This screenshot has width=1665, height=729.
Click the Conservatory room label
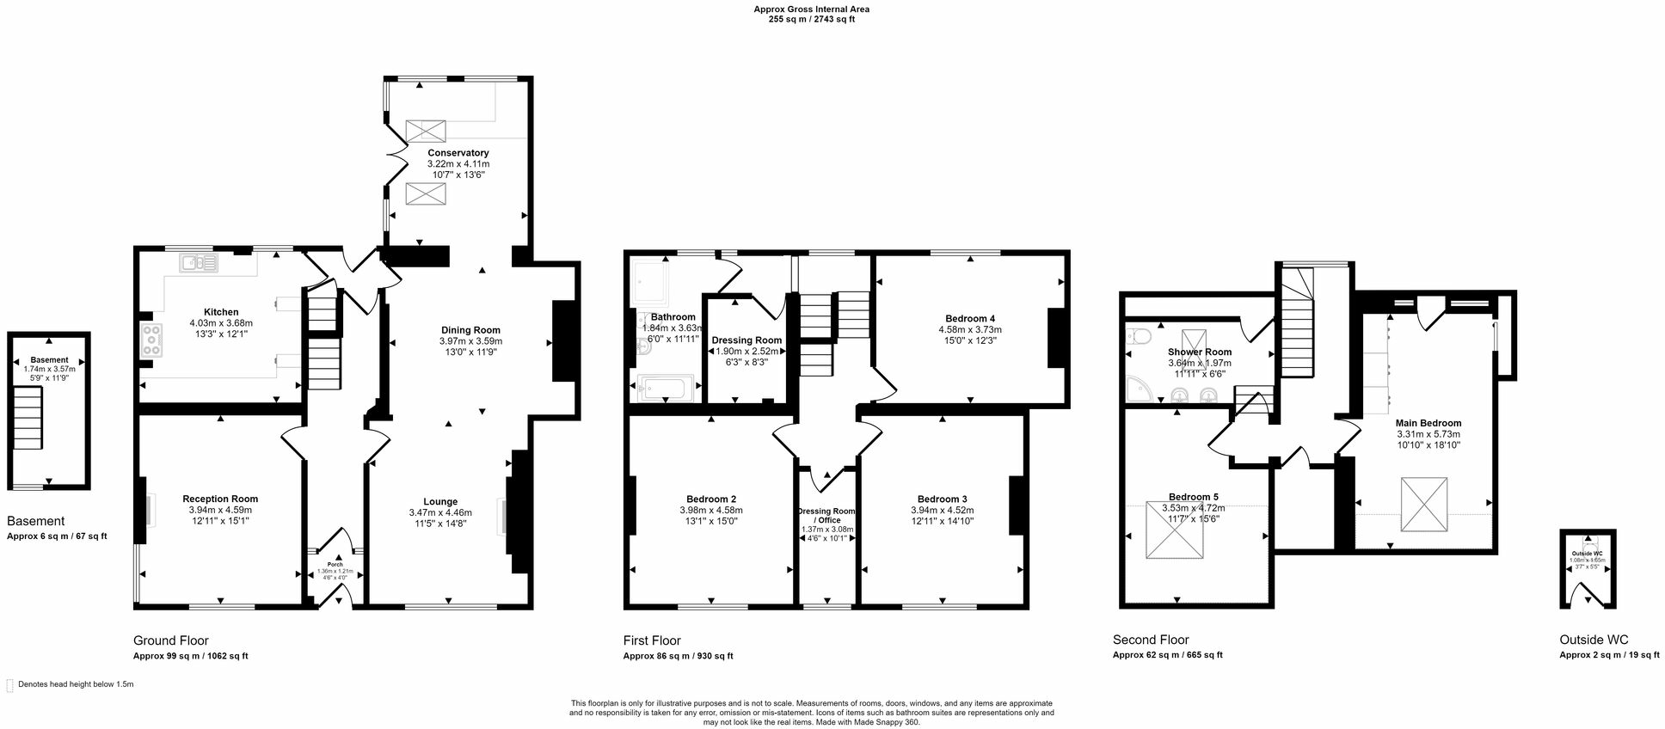pyautogui.click(x=458, y=153)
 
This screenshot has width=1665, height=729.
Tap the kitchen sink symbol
pyautogui.click(x=199, y=262)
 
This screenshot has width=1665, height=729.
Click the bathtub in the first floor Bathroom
pyautogui.click(x=665, y=389)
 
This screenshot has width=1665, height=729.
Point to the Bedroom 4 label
pyautogui.click(x=969, y=318)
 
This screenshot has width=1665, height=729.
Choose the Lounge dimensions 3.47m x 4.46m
pyautogui.click(x=440, y=512)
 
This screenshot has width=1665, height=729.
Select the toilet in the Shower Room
pyautogui.click(x=1138, y=336)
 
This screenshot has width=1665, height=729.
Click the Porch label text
pyautogui.click(x=335, y=565)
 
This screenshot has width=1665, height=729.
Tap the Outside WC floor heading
pyautogui.click(x=1593, y=640)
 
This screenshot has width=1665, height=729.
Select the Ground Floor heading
pyautogui.click(x=170, y=640)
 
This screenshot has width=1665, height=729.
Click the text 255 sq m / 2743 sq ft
pyautogui.click(x=811, y=19)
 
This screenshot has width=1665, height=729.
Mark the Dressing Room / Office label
pyautogui.click(x=826, y=516)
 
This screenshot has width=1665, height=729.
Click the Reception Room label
pyautogui.click(x=220, y=499)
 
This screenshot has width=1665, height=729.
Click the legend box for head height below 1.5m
pyautogui.click(x=9, y=685)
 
